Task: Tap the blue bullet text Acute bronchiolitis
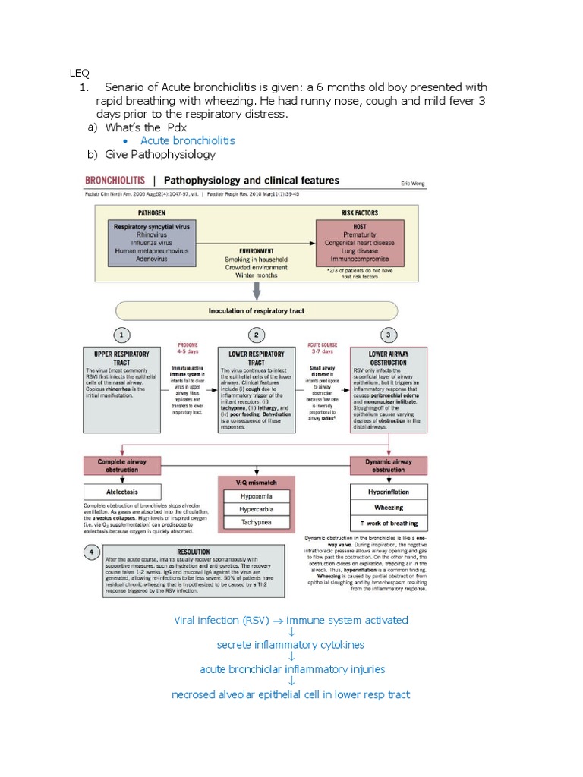188,140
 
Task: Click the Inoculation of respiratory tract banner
256,310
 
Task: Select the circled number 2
257,334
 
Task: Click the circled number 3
389,334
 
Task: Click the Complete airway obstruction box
121,465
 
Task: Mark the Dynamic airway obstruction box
389,465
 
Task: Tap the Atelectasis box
121,491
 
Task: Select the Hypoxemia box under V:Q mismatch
256,495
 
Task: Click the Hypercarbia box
256,509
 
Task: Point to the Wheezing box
389,508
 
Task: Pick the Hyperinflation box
389,492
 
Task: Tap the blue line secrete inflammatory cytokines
291,644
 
